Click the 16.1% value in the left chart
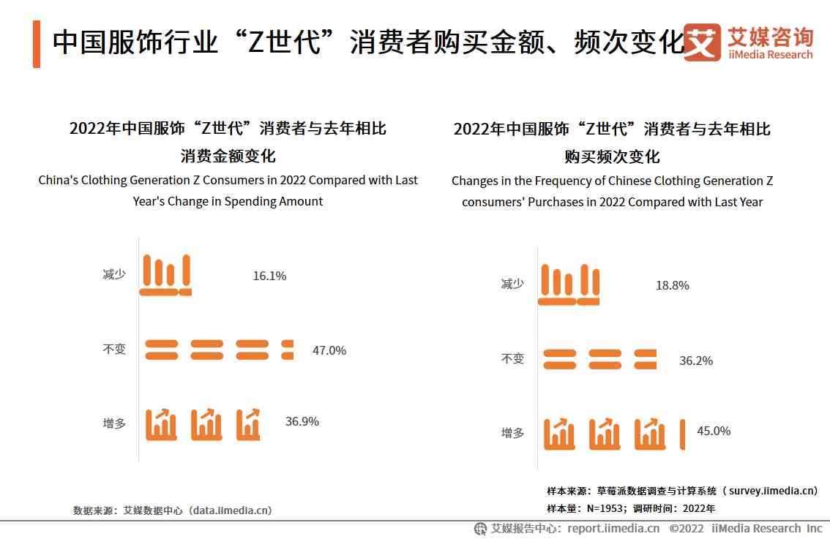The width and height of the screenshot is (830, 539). (269, 276)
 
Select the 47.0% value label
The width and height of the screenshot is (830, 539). (329, 350)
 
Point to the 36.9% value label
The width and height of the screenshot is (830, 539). (302, 421)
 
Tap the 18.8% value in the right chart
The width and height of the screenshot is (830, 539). (672, 285)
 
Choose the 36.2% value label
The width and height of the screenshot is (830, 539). (696, 361)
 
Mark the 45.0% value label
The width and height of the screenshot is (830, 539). (714, 431)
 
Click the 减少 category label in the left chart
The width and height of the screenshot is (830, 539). (114, 275)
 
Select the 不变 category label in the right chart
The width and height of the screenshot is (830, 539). (512, 358)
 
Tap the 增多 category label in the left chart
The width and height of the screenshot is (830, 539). (114, 423)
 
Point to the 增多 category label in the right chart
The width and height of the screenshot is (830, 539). (512, 432)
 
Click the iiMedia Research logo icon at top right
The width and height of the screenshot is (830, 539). (702, 42)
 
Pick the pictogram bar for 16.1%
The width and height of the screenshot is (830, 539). (165, 275)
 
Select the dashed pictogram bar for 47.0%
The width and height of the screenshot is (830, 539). (219, 350)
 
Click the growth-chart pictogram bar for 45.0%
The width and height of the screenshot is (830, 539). (614, 434)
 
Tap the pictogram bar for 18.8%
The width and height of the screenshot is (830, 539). (569, 284)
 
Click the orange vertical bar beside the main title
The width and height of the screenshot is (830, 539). (37, 45)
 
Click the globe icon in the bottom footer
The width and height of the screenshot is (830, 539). (480, 528)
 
